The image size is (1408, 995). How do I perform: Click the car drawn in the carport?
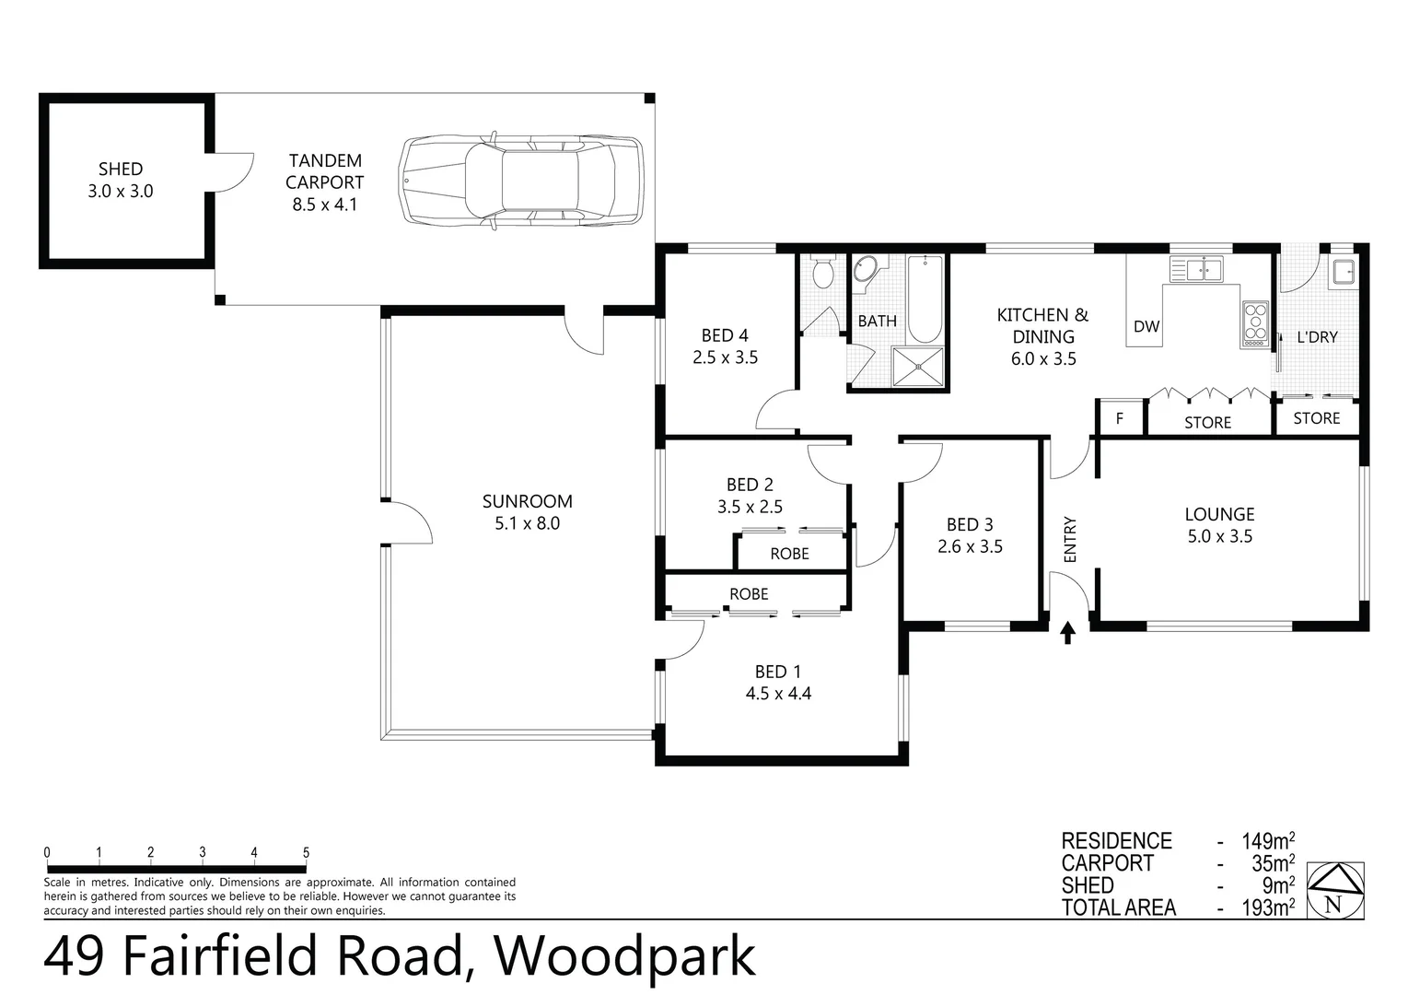(x=520, y=180)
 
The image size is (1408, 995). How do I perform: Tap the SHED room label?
(x=121, y=170)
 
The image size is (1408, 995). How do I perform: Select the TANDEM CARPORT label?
(x=325, y=171)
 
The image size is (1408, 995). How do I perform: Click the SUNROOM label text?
(x=527, y=501)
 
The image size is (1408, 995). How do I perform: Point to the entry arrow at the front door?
(x=1067, y=633)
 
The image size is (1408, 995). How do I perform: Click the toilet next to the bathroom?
(x=822, y=272)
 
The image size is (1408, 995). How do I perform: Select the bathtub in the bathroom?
(x=924, y=299)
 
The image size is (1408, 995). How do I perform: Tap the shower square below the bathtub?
(x=918, y=367)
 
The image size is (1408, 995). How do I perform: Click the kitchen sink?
(x=1196, y=270)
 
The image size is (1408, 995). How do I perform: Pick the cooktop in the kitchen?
(x=1255, y=322)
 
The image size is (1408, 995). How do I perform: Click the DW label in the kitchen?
(x=1146, y=326)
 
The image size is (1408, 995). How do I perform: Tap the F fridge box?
(x=1120, y=418)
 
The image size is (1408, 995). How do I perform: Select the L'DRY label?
(x=1317, y=337)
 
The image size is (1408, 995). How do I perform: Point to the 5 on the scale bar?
(x=306, y=853)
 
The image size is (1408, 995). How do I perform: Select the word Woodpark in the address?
(x=625, y=957)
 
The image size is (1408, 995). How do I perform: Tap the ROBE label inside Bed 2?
(x=789, y=554)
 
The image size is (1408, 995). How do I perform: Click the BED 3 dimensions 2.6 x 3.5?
(x=970, y=546)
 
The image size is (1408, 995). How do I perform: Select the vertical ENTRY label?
(x=1070, y=539)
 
